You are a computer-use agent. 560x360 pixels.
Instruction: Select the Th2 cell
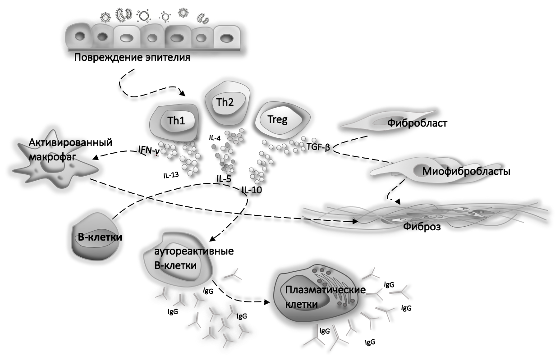click(x=225, y=104)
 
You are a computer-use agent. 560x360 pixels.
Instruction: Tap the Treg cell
click(x=282, y=120)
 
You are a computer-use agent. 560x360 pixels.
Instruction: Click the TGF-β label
click(x=318, y=147)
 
